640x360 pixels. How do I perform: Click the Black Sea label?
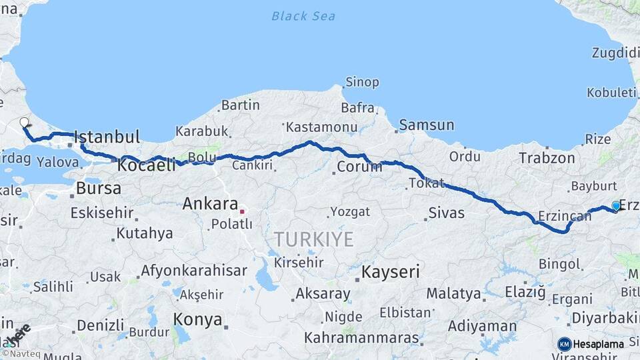pyautogui.click(x=303, y=16)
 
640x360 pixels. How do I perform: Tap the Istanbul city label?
pyautogui.click(x=107, y=138)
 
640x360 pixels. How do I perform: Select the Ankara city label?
pyautogui.click(x=210, y=203)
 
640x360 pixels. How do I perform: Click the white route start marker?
pyautogui.click(x=25, y=123)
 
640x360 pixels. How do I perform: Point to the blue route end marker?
pyautogui.click(x=615, y=207)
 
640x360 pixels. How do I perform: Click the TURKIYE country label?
pyautogui.click(x=313, y=239)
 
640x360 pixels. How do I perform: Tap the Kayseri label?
pyautogui.click(x=391, y=272)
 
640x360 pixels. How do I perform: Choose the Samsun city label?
pyautogui.click(x=427, y=125)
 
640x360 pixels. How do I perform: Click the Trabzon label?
pyautogui.click(x=547, y=158)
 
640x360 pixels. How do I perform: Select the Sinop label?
pyautogui.click(x=362, y=83)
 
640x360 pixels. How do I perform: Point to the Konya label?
pyautogui.click(x=197, y=319)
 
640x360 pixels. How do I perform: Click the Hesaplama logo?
pyautogui.click(x=591, y=344)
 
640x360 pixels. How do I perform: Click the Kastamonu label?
pyautogui.click(x=316, y=127)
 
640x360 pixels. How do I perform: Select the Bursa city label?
pyautogui.click(x=99, y=188)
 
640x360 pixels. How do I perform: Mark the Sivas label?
pyautogui.click(x=446, y=214)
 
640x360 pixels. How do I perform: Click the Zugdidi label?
pyautogui.click(x=615, y=53)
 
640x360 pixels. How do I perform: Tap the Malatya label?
pyautogui.click(x=453, y=293)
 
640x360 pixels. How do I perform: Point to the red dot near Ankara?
pyautogui.click(x=243, y=212)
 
